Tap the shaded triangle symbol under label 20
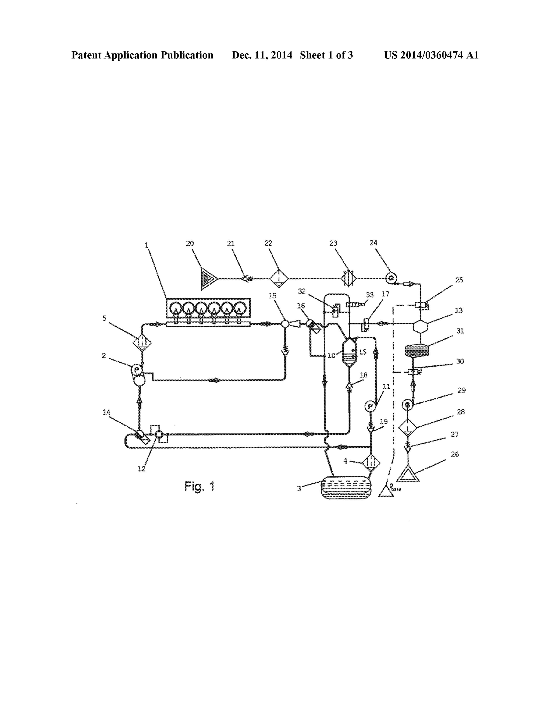click(x=208, y=279)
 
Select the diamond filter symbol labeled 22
click(x=279, y=279)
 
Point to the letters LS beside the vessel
click(x=363, y=352)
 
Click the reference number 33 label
click(x=370, y=295)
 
